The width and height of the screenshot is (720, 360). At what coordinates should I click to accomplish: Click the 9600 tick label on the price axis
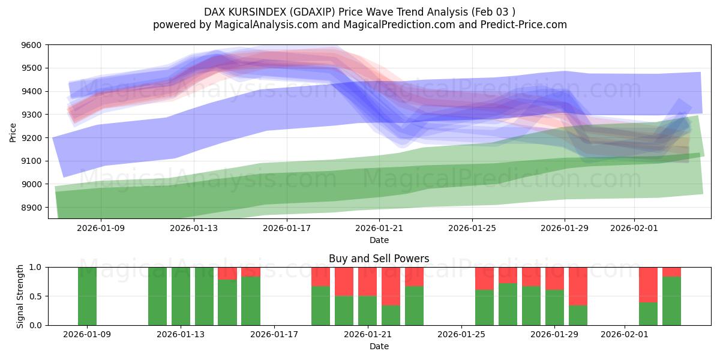[x=31, y=45]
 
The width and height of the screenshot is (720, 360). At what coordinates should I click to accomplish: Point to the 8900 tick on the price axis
[x=31, y=208]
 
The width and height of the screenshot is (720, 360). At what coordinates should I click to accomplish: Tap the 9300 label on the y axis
[x=31, y=115]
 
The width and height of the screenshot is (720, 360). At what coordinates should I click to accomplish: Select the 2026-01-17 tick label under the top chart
[x=286, y=228]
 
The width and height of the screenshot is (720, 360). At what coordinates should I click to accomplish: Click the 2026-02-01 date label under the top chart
[x=634, y=228]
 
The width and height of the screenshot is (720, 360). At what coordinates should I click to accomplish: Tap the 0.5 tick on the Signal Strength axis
[x=35, y=296]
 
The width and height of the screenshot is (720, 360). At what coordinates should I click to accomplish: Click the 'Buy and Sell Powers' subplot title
[x=379, y=259]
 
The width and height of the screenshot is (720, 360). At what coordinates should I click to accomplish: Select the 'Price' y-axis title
[x=13, y=131]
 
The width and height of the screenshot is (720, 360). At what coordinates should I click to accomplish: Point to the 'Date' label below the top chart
[x=379, y=240]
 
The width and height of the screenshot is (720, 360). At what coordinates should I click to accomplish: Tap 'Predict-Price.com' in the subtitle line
[x=525, y=25]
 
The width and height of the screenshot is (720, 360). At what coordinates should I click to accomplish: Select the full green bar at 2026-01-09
[x=88, y=296]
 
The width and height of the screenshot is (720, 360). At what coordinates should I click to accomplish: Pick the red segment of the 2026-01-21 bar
[x=368, y=281]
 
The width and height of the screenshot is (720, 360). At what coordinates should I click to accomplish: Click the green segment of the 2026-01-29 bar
[x=555, y=308]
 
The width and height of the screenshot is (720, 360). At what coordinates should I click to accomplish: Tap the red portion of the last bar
[x=672, y=271]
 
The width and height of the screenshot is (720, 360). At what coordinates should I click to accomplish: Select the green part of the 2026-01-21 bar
[x=368, y=311]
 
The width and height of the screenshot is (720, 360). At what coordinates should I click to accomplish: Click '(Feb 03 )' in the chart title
[x=493, y=11]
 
